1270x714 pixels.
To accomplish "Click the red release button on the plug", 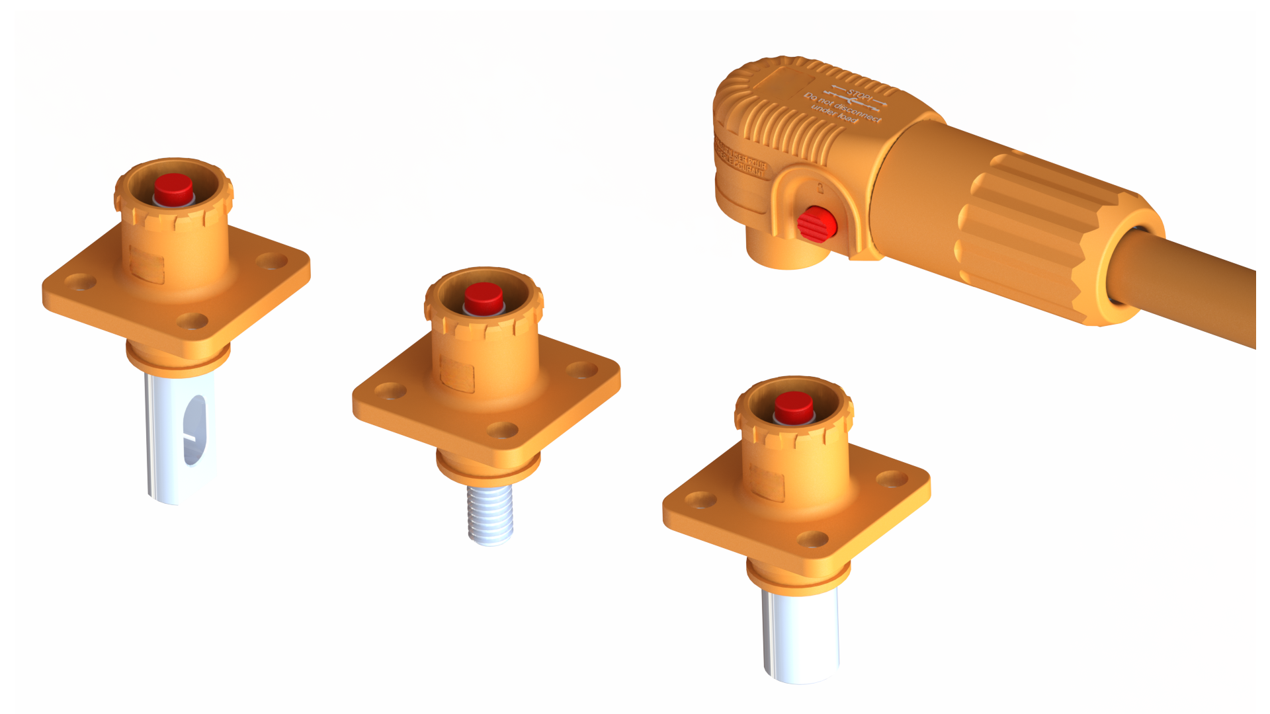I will point(816,224).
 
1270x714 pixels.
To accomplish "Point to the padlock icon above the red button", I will point(820,188).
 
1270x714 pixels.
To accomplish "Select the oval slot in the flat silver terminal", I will point(194,429).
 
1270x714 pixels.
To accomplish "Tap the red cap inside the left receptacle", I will point(173,189).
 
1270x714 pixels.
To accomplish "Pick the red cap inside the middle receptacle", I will point(484,298).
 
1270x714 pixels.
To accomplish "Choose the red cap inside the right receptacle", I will point(794,407).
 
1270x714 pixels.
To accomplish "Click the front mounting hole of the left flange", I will point(192,321).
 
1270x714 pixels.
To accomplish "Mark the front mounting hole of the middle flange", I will point(503,430).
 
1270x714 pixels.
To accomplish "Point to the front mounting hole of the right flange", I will point(813,539).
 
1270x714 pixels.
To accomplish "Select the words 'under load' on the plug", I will point(835,113).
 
